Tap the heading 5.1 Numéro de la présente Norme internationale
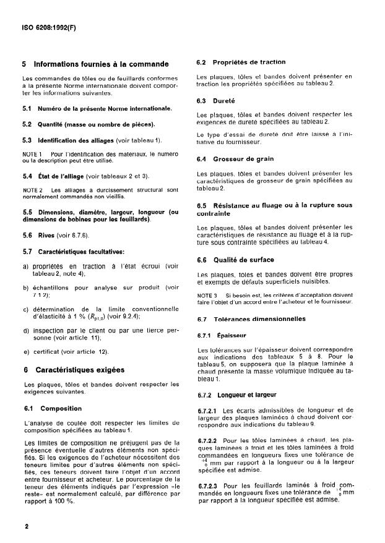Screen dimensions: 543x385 click(x=97, y=109)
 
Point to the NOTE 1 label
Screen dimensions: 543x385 click(x=32, y=153)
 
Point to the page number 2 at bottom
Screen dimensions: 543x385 click(x=26, y=526)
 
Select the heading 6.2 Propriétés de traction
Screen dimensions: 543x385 click(x=232, y=62)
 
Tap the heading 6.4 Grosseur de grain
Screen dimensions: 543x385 click(x=228, y=159)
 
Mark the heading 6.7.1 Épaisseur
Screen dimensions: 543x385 click(x=213, y=336)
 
